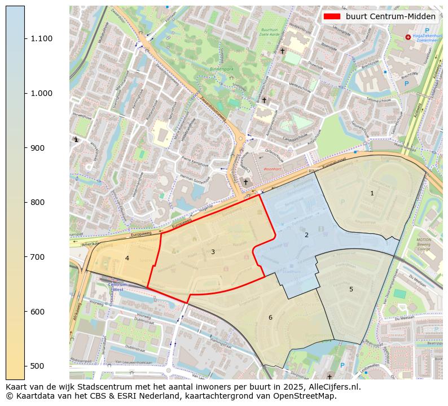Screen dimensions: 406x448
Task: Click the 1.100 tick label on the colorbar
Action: (41, 38)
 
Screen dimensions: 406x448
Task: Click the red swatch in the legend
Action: (332, 16)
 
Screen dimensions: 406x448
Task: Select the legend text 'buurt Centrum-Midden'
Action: (390, 16)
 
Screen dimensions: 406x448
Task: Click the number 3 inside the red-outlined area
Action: (213, 252)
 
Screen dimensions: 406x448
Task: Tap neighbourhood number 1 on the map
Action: (372, 194)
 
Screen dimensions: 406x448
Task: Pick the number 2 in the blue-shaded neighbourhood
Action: (306, 235)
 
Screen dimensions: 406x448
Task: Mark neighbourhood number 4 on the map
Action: (127, 258)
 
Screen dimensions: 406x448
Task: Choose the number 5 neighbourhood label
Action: (351, 289)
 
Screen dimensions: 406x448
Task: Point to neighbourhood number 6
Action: (270, 317)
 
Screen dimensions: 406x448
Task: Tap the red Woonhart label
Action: (272, 169)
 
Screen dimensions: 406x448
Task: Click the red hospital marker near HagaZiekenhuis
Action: (408, 37)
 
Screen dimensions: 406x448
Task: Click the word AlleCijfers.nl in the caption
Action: (332, 387)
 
